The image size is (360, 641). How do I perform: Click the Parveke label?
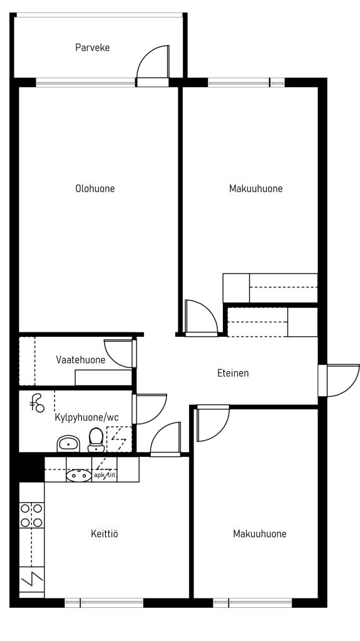[x=93, y=48]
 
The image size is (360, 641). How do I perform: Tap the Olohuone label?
[x=95, y=188]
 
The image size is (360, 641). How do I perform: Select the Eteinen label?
[x=233, y=373]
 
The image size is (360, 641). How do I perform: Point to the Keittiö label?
[x=105, y=533]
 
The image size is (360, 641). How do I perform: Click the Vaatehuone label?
[x=81, y=360]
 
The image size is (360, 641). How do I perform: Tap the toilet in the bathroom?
[x=96, y=440]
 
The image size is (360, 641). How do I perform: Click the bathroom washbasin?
[x=69, y=444]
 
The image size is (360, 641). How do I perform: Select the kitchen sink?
[x=79, y=476]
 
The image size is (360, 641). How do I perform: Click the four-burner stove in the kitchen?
[x=31, y=515]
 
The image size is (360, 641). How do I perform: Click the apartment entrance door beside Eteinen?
[x=339, y=381]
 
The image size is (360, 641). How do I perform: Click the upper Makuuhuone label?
[x=255, y=188]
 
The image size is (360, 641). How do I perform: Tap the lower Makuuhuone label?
[x=260, y=533]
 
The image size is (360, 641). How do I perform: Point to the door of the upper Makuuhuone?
[x=201, y=318]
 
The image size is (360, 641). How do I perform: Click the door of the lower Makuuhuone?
[x=213, y=423]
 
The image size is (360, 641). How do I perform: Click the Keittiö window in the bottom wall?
[x=104, y=603]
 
